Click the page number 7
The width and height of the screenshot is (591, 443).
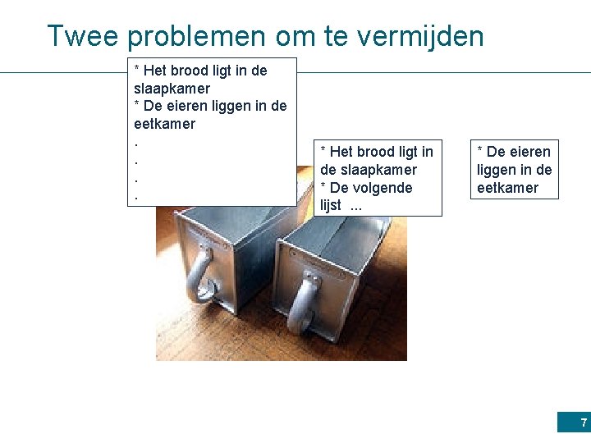click(x=584, y=423)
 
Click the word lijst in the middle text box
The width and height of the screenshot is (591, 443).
click(x=330, y=206)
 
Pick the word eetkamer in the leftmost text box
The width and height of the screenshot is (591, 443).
click(x=164, y=125)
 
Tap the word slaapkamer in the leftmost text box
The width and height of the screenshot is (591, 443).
click(x=172, y=89)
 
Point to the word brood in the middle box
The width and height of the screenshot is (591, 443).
click(x=374, y=152)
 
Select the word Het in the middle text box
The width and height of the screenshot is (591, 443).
click(x=341, y=152)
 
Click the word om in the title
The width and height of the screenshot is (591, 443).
click(x=287, y=36)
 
